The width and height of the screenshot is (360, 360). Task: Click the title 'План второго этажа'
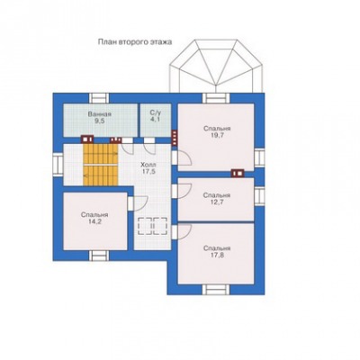[x=135, y=42]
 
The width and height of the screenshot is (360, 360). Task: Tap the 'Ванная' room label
[x=100, y=114]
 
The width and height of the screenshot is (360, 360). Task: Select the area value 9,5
[x=100, y=121]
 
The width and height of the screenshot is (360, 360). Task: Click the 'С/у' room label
[x=156, y=112]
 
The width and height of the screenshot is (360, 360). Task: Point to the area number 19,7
[x=217, y=135]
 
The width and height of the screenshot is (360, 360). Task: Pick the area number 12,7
[x=217, y=202]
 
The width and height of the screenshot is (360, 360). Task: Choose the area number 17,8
[x=217, y=255]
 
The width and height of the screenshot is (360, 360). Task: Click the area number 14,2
[x=94, y=221]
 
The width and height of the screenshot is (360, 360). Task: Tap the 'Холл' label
[x=148, y=166]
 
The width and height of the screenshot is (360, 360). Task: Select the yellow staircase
[x=101, y=165]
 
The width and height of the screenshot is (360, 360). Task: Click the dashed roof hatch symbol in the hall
[x=152, y=226]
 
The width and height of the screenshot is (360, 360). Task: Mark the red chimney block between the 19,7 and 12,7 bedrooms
[x=238, y=173]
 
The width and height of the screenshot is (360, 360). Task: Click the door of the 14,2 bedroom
[x=138, y=203]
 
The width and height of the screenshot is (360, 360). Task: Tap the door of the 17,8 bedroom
[x=182, y=231]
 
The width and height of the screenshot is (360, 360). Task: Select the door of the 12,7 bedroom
[x=182, y=191]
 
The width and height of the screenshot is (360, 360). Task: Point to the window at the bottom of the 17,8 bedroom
[x=216, y=290]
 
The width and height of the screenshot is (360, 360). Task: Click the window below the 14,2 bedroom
[x=99, y=256]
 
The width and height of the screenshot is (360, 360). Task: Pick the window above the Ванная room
[x=99, y=98]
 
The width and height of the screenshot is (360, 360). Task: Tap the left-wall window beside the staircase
[x=58, y=164]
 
